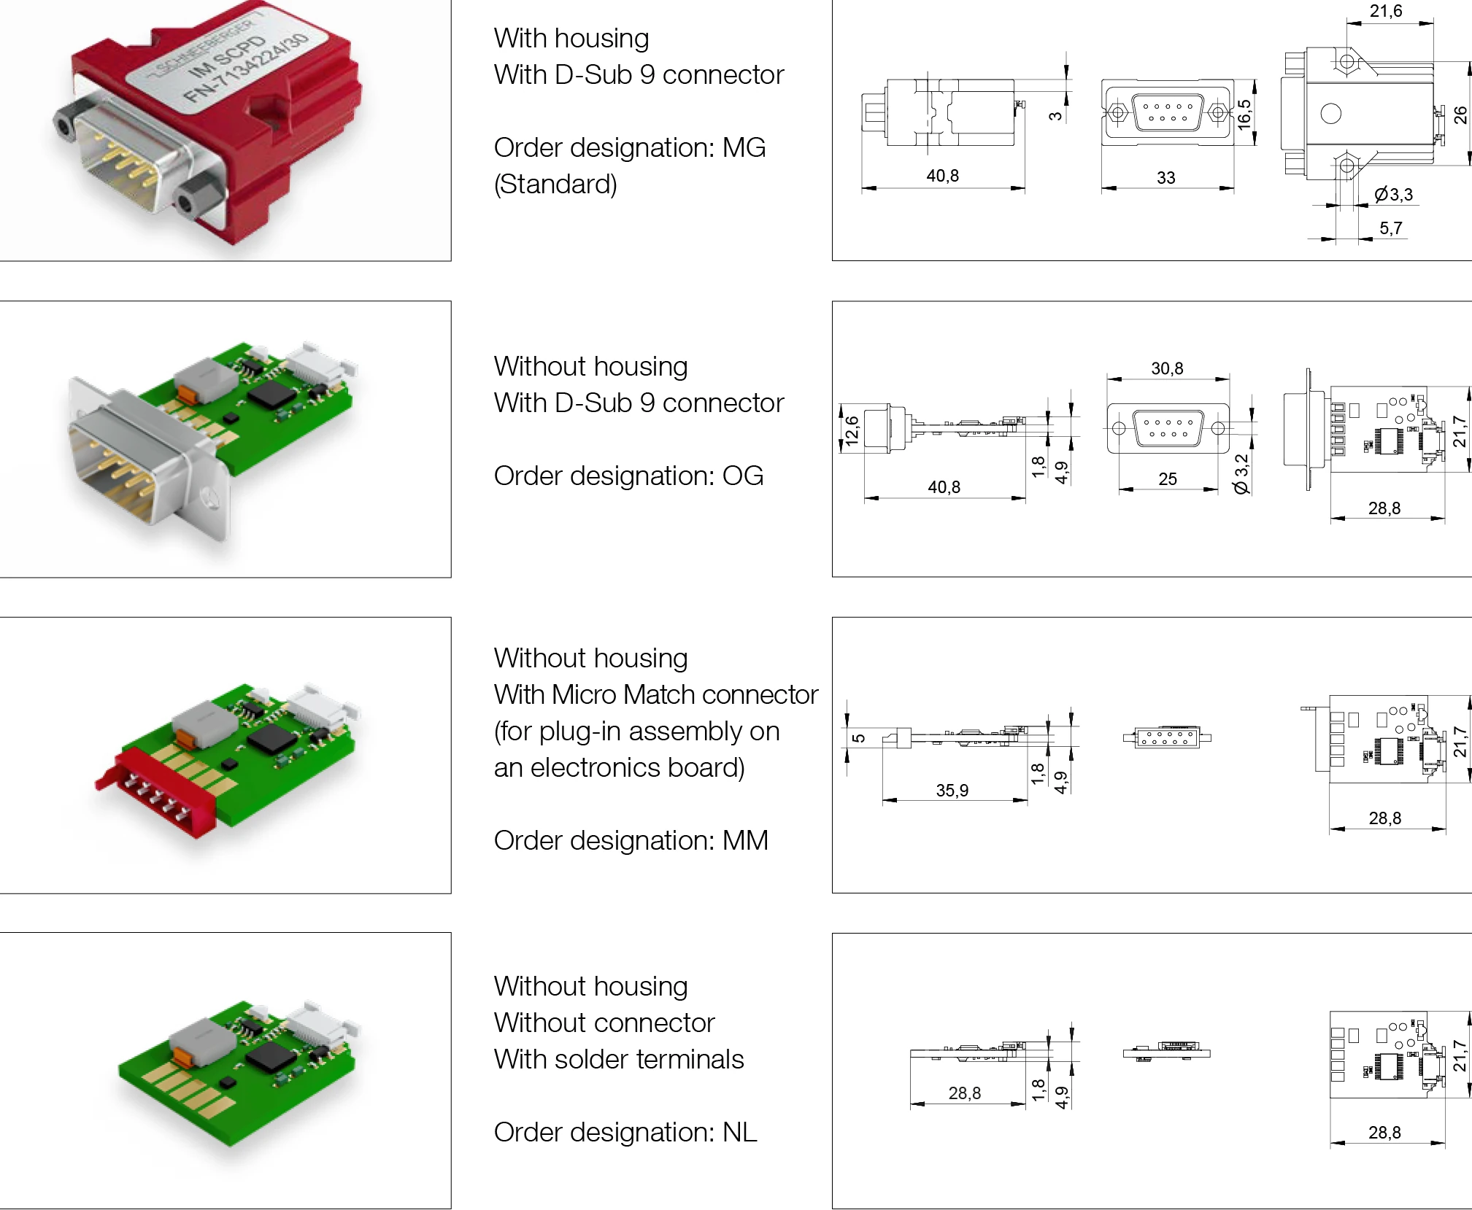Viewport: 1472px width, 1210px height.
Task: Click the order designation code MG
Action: point(744,148)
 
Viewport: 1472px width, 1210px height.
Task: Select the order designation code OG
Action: point(742,476)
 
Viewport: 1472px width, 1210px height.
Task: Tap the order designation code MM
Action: point(745,841)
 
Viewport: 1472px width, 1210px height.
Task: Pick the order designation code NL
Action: point(739,1133)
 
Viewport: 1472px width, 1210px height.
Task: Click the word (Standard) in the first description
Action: point(555,185)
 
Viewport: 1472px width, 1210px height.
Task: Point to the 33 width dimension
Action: point(1165,178)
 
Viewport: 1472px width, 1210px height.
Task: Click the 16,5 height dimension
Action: point(1244,114)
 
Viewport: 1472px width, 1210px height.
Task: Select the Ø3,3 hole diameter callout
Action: point(1393,195)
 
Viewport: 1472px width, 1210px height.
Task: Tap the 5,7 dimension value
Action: point(1390,229)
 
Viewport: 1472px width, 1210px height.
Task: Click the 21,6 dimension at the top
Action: point(1385,12)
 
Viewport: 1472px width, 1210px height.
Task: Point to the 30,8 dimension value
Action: point(1166,369)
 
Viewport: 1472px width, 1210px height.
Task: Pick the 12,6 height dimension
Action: point(852,430)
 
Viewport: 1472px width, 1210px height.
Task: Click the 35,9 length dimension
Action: point(952,791)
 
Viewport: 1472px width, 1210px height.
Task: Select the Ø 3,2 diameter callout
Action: point(1241,474)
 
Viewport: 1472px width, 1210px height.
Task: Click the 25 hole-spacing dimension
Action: point(1167,479)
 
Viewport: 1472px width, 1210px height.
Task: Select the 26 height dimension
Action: point(1460,115)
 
